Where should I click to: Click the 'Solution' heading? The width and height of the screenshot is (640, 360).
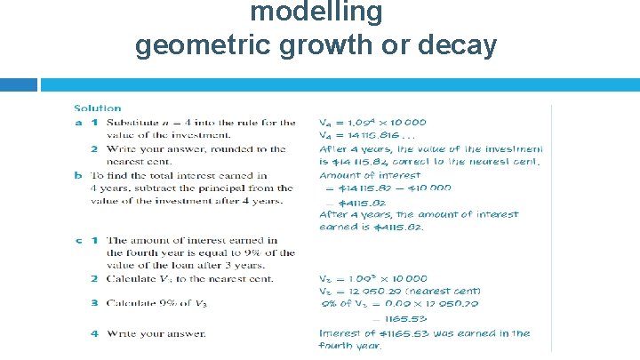[x=97, y=108]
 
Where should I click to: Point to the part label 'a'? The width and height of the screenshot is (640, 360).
[x=78, y=123]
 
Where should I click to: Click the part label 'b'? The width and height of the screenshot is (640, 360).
[x=78, y=175]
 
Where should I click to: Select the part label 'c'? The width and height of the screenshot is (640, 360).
[x=78, y=240]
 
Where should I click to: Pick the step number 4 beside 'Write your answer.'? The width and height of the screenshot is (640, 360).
[x=93, y=333]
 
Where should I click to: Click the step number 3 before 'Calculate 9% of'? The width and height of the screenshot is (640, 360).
[x=93, y=302]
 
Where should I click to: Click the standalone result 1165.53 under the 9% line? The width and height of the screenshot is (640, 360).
[x=408, y=318]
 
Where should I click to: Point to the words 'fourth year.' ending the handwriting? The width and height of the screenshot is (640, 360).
[x=350, y=347]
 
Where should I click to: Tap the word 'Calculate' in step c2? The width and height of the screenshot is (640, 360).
[x=132, y=279]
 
